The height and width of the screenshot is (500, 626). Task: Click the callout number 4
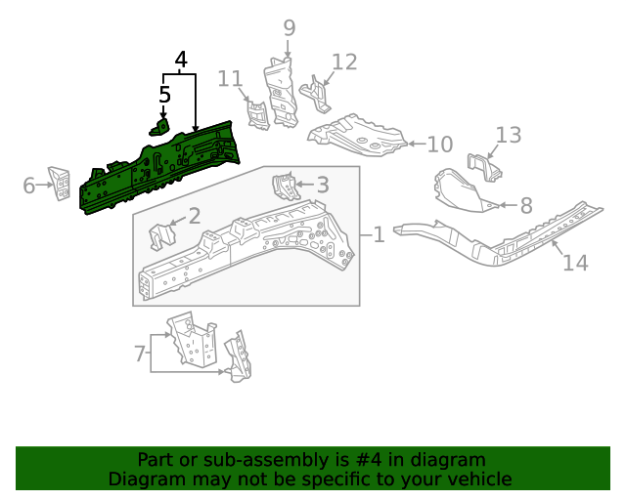coord(180,61)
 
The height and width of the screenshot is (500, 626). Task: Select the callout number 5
coord(164,95)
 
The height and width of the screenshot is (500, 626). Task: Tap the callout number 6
coord(29,185)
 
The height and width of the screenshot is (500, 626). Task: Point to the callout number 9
coord(289,27)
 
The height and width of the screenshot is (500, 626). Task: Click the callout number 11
coord(230,78)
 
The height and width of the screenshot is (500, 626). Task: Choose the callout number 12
coord(344,62)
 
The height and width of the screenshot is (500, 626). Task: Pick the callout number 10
coord(440,145)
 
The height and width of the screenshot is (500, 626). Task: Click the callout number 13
coord(509,135)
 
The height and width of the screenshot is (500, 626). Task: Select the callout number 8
coord(525,205)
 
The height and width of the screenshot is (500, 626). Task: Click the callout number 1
coord(378,234)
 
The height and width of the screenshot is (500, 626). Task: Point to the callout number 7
coord(139,351)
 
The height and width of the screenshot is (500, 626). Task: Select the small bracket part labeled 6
coord(60,183)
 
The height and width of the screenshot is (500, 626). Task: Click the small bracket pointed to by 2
coord(160,236)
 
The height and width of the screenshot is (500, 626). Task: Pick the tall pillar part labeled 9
coord(282,93)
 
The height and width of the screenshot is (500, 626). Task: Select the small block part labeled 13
coord(482,170)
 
